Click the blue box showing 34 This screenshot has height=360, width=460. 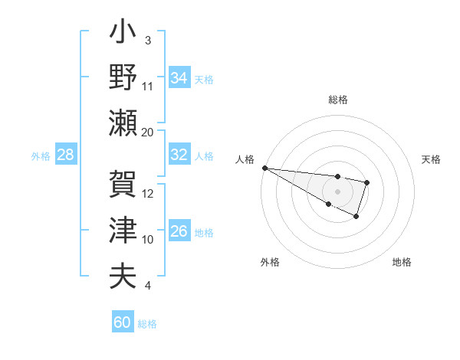coord(179,78)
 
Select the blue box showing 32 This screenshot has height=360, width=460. coord(179,155)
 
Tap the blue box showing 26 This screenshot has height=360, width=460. coord(179,231)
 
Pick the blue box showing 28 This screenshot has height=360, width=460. coord(65,155)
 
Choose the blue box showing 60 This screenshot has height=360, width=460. coord(122,322)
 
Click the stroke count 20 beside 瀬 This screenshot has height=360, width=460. coord(148,133)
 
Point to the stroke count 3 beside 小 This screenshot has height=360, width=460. coord(148,40)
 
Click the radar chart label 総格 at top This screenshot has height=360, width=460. coord(337,100)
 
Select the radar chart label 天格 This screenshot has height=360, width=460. coord(431,159)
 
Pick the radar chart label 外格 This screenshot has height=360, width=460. coord(270,262)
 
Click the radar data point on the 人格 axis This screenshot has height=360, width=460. coord(264,168)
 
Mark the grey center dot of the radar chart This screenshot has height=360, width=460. coord(337,190)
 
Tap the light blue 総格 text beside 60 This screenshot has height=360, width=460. coord(147,324)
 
